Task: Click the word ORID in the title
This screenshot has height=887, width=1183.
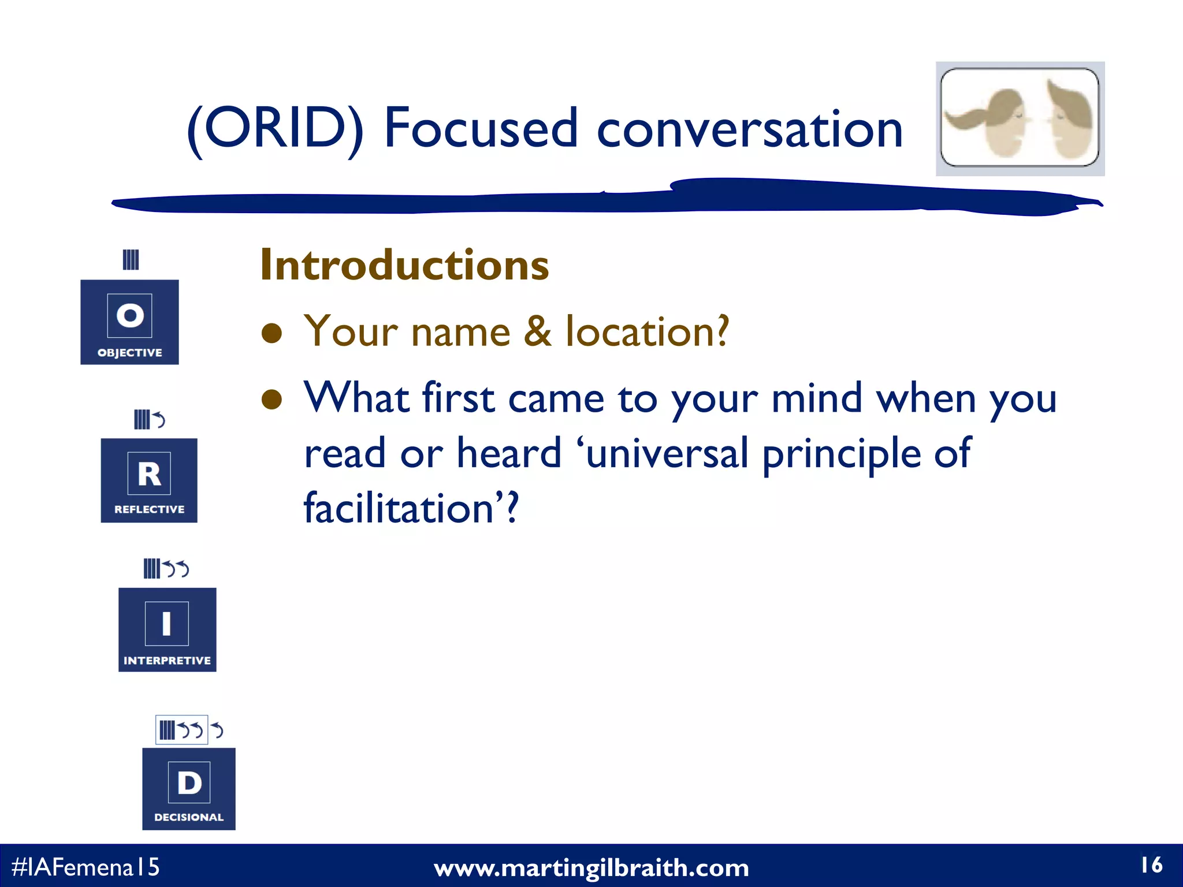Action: coord(275,128)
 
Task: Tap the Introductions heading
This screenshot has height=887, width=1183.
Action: coord(404,265)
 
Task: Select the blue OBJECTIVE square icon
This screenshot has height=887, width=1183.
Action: coord(129,322)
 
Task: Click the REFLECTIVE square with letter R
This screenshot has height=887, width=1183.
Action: coord(149,480)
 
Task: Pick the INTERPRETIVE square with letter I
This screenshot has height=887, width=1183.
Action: coord(167,629)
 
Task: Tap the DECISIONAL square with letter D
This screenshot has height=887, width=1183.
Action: coord(189,789)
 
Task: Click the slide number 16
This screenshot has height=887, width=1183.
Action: coord(1151,865)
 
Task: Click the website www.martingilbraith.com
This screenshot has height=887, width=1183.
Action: coord(591,868)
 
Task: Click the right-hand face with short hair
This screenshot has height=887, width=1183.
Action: coord(1069,118)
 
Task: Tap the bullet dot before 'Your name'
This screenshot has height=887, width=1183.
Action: coord(271,333)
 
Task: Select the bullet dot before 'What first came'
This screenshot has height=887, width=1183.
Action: coord(271,399)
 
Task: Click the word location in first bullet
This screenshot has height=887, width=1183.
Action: coord(647,331)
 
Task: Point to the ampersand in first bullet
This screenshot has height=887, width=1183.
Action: coord(537,331)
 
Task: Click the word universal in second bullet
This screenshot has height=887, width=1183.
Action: coord(667,453)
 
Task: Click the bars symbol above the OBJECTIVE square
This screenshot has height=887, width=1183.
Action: coord(131,259)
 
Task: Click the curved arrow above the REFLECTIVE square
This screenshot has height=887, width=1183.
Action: coord(159,419)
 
